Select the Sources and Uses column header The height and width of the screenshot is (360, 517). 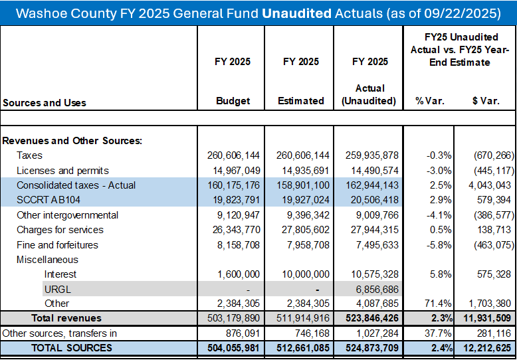tap(45, 103)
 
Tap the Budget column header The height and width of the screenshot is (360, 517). tap(233, 100)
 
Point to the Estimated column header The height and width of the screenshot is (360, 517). tap(301, 100)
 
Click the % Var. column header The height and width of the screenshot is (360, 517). tap(431, 101)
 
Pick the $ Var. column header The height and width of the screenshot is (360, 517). tap(486, 101)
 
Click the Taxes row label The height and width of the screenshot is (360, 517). tap(30, 155)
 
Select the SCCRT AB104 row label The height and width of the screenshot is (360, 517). tap(49, 200)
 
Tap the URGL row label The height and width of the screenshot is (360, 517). tap(57, 290)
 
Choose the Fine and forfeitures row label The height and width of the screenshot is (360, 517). tap(57, 245)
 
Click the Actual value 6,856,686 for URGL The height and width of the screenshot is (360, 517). tap(371, 290)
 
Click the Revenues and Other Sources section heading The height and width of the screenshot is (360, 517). tap(72, 141)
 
